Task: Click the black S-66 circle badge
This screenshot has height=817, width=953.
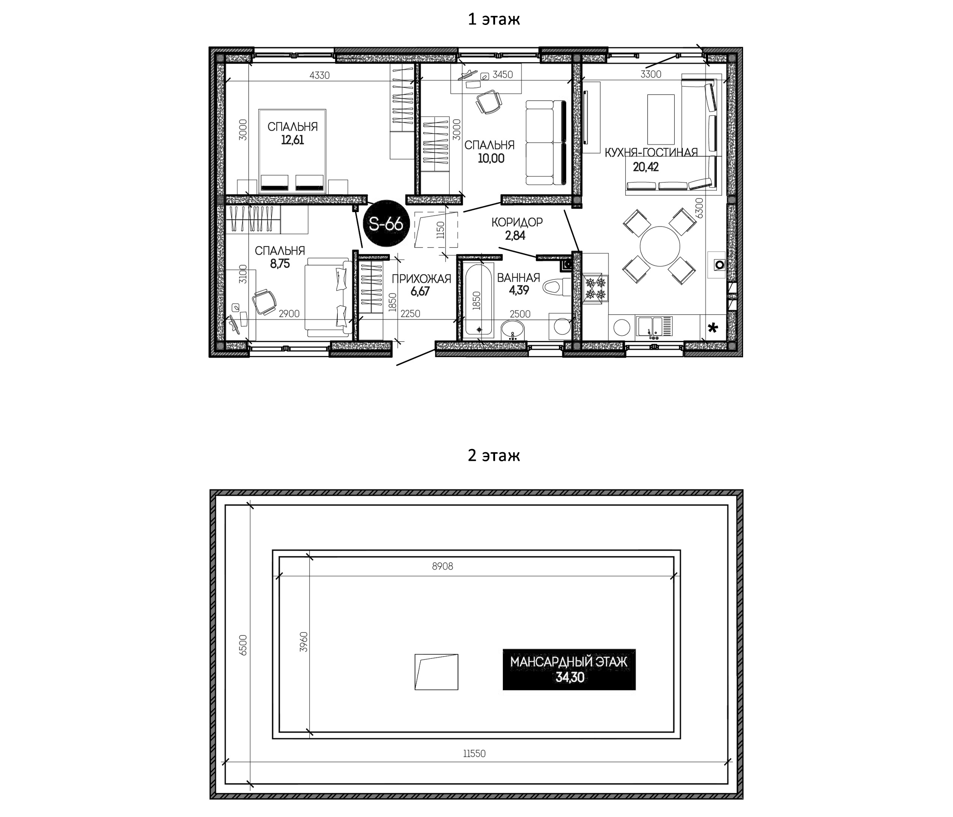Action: [386, 224]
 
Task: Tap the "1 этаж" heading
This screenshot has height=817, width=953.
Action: [494, 19]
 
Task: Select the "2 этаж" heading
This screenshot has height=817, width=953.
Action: [494, 455]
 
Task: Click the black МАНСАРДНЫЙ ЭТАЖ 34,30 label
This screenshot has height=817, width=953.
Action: [569, 669]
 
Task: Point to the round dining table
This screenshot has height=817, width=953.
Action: [660, 246]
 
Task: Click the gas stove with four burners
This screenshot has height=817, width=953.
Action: [596, 289]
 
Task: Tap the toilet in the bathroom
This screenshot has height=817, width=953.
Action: [558, 288]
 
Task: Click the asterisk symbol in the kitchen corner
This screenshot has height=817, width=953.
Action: [713, 328]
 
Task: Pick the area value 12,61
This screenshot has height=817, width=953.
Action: [292, 140]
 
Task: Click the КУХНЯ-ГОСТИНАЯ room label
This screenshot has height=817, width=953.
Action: [651, 153]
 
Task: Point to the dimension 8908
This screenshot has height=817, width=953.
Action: [442, 566]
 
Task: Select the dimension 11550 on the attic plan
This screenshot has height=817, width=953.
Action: [474, 754]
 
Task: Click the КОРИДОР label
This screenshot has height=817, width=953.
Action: [517, 222]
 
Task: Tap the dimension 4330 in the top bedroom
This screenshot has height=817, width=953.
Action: [320, 75]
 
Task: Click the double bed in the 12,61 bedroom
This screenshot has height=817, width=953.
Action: [292, 151]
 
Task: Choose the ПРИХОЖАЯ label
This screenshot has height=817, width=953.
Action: [421, 278]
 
